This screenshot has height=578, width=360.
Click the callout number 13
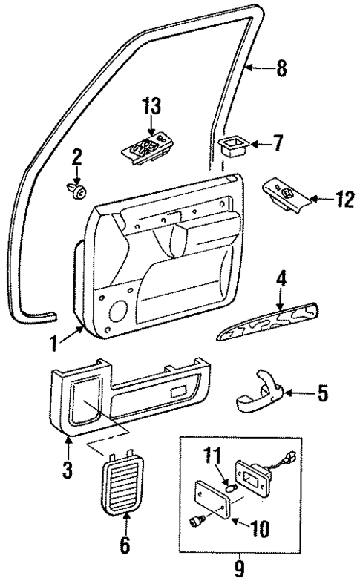pyautogui.click(x=151, y=107)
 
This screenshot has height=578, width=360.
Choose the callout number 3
pyautogui.click(x=68, y=470)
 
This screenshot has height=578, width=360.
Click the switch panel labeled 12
pyautogui.click(x=286, y=194)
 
